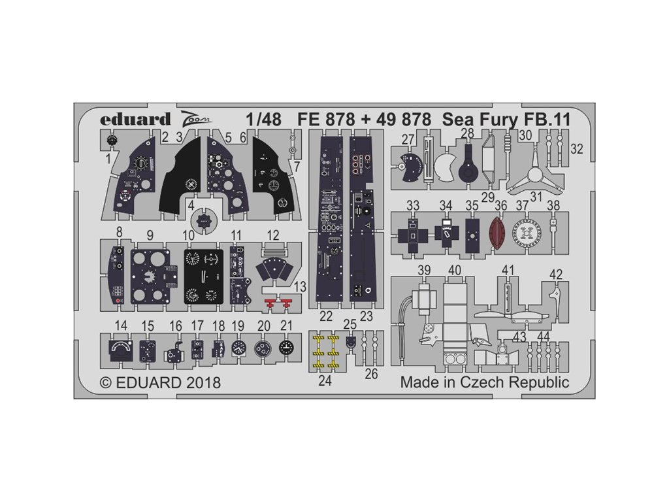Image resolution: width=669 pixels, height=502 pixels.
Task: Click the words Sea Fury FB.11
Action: (x=497, y=120)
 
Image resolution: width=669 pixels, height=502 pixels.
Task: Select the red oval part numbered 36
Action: (x=499, y=233)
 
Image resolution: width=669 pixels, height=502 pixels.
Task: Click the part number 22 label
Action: (x=327, y=317)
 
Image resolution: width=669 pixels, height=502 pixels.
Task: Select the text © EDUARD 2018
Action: (x=160, y=382)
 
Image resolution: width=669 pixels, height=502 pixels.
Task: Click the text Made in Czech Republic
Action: (x=484, y=382)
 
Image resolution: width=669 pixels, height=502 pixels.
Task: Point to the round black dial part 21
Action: (x=286, y=348)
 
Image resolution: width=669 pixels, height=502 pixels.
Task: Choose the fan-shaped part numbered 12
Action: (x=274, y=270)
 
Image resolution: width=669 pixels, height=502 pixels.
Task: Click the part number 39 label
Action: (x=425, y=270)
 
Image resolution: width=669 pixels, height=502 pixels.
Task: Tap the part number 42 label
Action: (x=556, y=275)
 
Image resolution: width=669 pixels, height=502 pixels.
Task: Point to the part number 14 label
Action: (x=120, y=325)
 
